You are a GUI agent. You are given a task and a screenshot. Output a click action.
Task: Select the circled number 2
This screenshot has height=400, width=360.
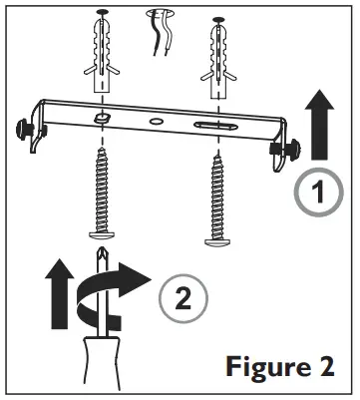tap(182, 298)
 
